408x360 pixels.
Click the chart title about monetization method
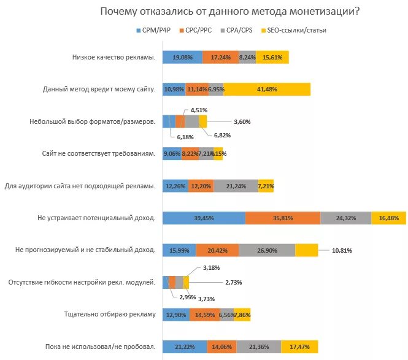[x=230, y=12]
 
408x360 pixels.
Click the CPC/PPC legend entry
[x=201, y=29]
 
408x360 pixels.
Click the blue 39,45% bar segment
[x=204, y=218]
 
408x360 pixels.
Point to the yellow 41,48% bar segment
[x=267, y=89]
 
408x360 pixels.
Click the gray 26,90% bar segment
[x=267, y=250]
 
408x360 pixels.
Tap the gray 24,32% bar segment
[x=345, y=218]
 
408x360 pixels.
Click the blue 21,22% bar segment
[x=184, y=347]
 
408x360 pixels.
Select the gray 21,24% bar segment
[x=236, y=186]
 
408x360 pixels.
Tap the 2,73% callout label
[x=233, y=282]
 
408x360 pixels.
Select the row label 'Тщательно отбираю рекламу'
[x=110, y=315]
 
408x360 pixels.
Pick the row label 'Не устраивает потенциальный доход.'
[x=96, y=218]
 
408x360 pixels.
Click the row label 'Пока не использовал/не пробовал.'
[x=99, y=347]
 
